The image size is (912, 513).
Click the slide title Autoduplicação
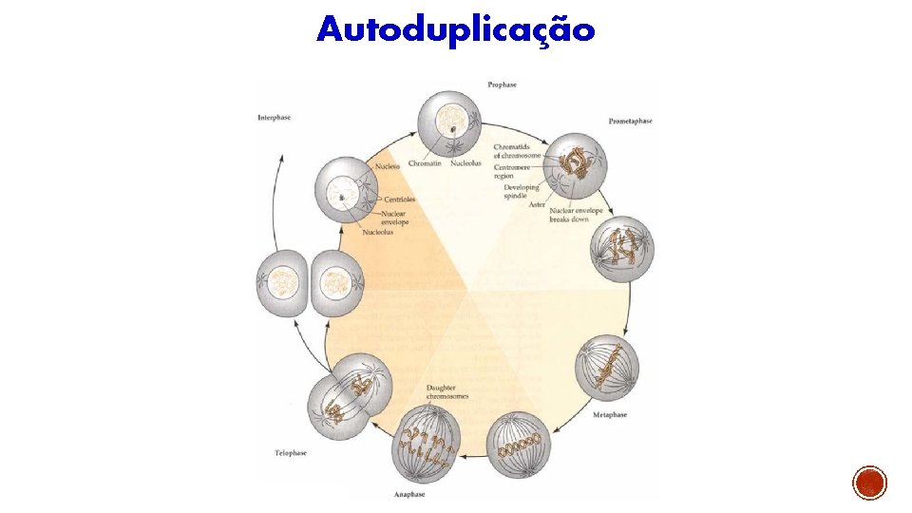(x=456, y=29)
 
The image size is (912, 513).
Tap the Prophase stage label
(x=502, y=85)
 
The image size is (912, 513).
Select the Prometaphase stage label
(x=630, y=121)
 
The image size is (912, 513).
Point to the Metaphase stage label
(x=610, y=416)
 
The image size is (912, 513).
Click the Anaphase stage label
(x=408, y=495)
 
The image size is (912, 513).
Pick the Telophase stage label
(x=291, y=453)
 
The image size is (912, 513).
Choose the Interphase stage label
(x=274, y=118)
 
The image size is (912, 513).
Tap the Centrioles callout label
(x=399, y=199)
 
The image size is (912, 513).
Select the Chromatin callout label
(x=425, y=163)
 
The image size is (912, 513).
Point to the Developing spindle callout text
(x=522, y=191)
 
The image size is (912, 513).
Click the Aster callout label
(x=537, y=205)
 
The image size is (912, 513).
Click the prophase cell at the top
(x=449, y=127)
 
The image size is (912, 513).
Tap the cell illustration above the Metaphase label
(x=608, y=368)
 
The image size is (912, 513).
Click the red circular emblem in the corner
(x=869, y=484)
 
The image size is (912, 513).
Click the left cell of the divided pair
(x=281, y=282)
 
